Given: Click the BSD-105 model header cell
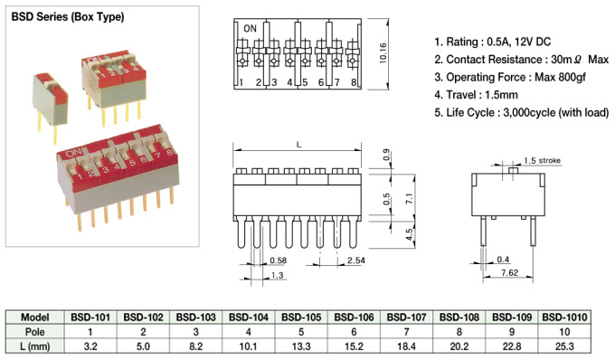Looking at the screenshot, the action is click(x=301, y=317).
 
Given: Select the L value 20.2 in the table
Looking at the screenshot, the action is click(x=459, y=346).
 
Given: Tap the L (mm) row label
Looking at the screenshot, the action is click(x=35, y=346).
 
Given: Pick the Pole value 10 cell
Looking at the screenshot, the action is click(x=564, y=332).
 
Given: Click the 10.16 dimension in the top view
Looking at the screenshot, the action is click(x=383, y=53).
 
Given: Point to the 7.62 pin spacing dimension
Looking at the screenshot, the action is click(x=509, y=272).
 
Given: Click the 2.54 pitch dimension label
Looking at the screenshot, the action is click(x=355, y=261).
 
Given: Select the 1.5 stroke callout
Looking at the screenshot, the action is click(x=542, y=160).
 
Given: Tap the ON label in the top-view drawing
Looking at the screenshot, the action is click(x=250, y=29).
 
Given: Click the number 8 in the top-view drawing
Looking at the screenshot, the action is click(x=354, y=82).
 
